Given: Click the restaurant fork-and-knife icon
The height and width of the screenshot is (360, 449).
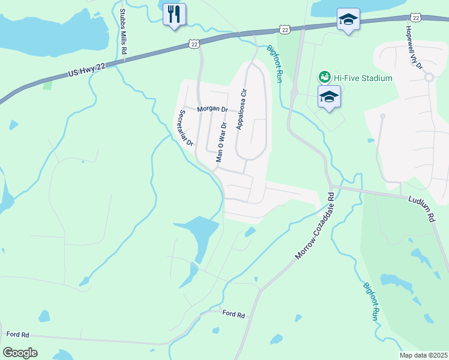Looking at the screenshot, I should [x=175, y=14].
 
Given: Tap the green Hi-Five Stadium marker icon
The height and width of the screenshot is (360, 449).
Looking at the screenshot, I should [x=324, y=77].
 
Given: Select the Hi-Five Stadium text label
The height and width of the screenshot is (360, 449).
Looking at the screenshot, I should [x=363, y=78].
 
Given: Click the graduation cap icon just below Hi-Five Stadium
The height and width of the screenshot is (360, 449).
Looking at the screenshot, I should [x=329, y=97].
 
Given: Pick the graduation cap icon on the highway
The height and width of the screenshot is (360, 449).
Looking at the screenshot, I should [x=348, y=19].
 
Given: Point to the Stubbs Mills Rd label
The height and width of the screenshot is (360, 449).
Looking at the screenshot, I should [x=122, y=32].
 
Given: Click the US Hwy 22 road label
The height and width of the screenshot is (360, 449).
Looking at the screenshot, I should [x=86, y=71].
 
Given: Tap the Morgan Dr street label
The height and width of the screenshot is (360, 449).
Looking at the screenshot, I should [x=212, y=109].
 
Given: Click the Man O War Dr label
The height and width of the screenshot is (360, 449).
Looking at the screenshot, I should [x=220, y=143].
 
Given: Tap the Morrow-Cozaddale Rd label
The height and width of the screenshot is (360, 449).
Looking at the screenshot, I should [x=315, y=226].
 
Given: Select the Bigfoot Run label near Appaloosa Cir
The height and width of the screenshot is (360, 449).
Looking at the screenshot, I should [x=274, y=64].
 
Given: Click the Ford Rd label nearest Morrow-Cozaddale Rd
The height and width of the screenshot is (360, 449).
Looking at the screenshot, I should [x=234, y=314].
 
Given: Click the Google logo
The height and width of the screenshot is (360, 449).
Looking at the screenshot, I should [x=20, y=352].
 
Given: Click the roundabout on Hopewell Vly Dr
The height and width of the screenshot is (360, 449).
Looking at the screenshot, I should [x=429, y=77].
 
